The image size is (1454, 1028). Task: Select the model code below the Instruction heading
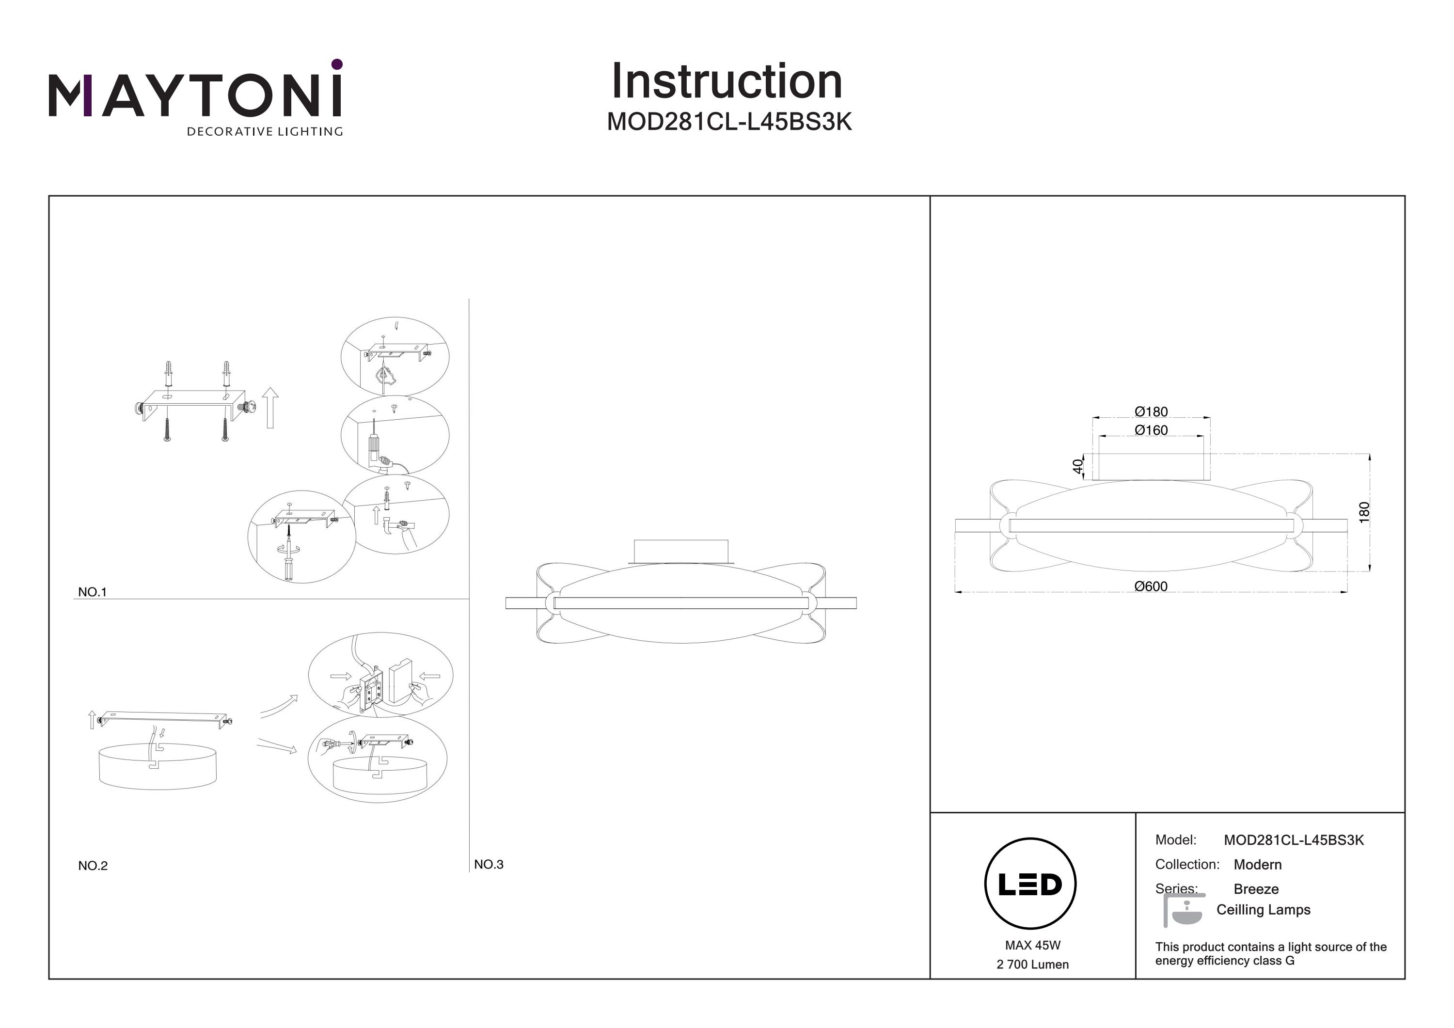click(x=729, y=122)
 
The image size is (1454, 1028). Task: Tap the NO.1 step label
click(x=93, y=592)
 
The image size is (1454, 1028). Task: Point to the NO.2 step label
click(x=93, y=865)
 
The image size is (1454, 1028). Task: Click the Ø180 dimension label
click(x=1151, y=411)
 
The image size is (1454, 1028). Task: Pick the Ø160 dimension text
click(x=1151, y=430)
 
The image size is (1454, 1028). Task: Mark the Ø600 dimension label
click(x=1151, y=586)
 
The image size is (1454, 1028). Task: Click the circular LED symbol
click(x=1030, y=884)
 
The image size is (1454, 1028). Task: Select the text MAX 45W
click(x=1032, y=945)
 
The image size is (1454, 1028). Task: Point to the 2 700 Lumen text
click(x=1032, y=964)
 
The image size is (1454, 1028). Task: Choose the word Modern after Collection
click(x=1257, y=865)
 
